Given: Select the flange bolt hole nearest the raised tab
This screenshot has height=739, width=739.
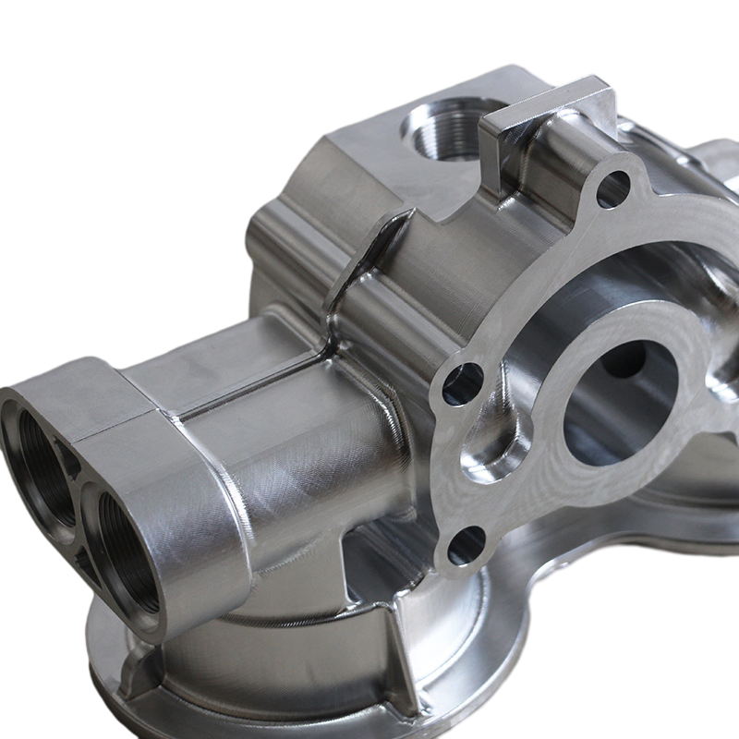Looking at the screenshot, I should [612, 189].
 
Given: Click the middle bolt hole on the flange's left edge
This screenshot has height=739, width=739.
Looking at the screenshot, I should [462, 383].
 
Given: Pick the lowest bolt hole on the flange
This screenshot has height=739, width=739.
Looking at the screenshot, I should [466, 545].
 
